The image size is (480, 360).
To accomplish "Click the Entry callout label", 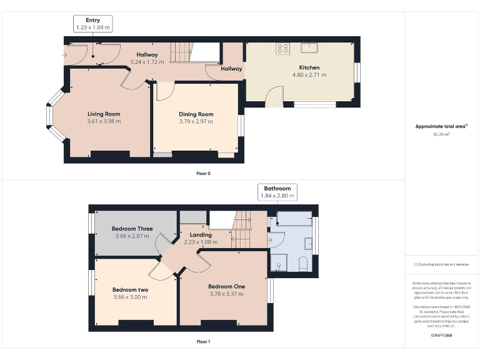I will pos(93,21).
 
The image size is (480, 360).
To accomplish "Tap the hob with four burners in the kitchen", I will pos(282,48).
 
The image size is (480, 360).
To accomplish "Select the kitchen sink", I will pos(310,47).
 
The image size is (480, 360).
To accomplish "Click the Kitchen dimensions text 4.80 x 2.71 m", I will pos(309,75).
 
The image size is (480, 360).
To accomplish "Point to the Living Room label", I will pos(104,114).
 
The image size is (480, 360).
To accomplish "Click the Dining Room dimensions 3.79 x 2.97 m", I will pos(196,121).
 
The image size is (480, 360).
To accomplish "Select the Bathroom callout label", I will pos(277,188).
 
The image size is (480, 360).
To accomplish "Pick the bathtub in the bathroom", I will pos(293,218).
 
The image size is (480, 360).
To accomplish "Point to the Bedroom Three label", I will pos(132,229).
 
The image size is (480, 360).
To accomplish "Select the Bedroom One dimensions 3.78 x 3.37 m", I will pos(226,294).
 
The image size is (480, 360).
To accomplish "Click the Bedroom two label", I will pos(130,289).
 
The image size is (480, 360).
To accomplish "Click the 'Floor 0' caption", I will pos(203,173).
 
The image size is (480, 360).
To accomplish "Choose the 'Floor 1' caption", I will pos(203,342).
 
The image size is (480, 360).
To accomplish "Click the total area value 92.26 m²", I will pos(441,134).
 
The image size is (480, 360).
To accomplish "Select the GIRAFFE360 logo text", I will pos(441,336).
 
